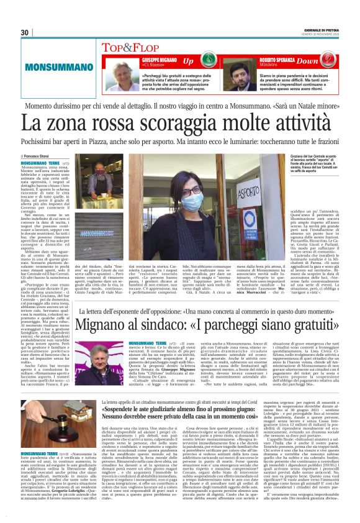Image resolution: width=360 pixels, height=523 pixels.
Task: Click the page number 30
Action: point(25,32)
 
